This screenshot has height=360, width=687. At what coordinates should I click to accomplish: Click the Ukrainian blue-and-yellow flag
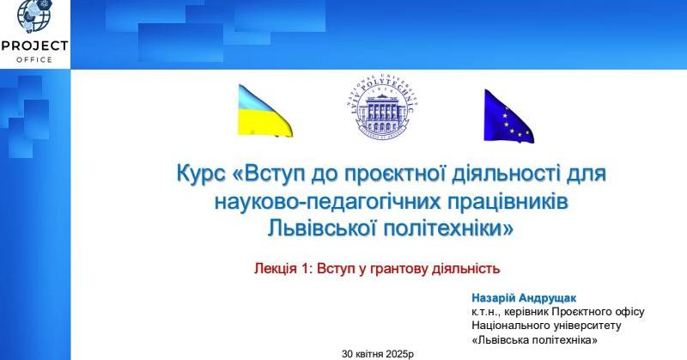[x=264, y=111]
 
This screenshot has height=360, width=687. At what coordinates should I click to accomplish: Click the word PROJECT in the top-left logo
[x=34, y=46]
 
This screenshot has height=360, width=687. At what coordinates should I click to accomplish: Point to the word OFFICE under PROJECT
[x=34, y=59]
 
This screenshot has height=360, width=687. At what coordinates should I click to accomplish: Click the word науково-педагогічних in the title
[x=323, y=201]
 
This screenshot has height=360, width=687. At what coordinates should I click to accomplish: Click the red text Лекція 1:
[x=283, y=268]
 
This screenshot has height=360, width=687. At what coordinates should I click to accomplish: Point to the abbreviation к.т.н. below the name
[x=487, y=311]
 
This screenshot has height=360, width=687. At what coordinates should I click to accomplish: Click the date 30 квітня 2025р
[x=378, y=353]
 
